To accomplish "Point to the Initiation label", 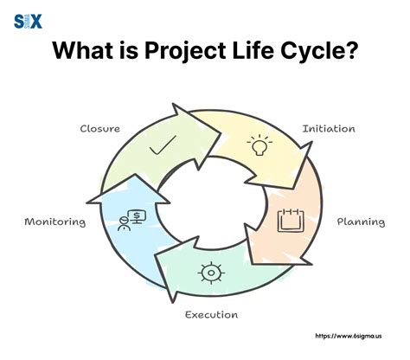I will [328, 129].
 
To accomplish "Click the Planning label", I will [361, 222].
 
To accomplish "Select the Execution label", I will [211, 314].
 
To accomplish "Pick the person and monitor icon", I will [131, 220].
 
